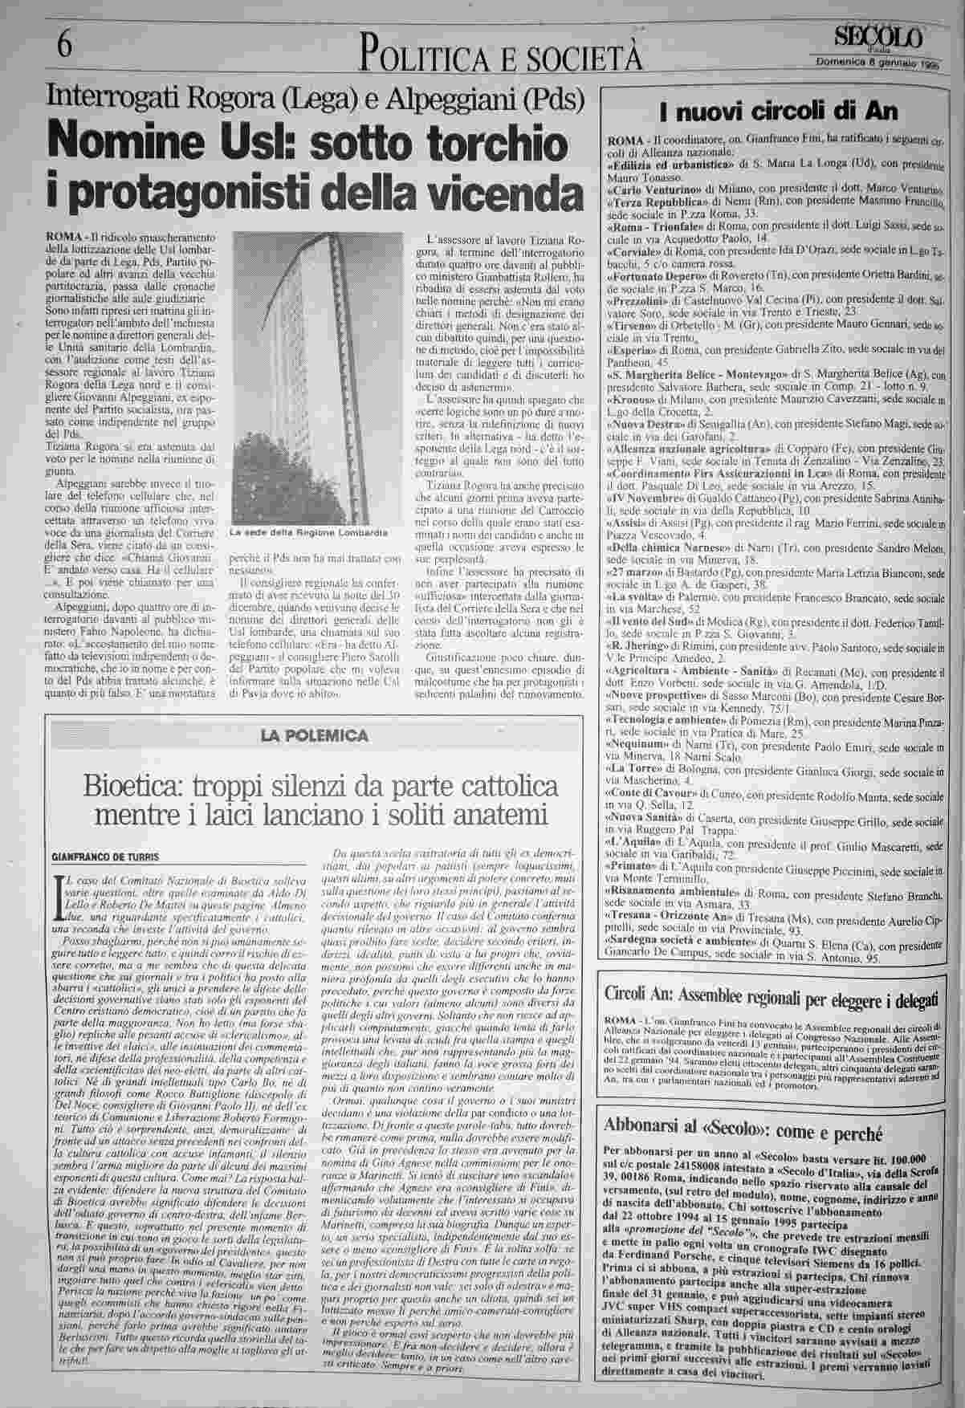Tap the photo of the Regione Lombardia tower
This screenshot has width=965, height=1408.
(x=309, y=377)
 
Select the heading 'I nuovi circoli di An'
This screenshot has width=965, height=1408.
(x=778, y=110)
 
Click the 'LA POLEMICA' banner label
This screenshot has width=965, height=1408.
(x=314, y=735)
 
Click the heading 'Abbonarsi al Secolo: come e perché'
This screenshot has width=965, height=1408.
(x=742, y=1134)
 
